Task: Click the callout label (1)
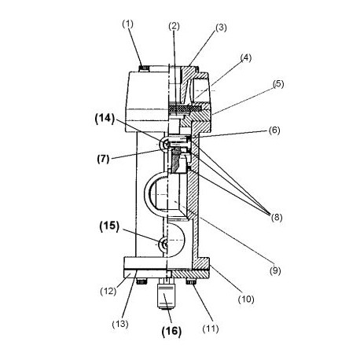coord(127,24)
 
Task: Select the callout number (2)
coord(174,26)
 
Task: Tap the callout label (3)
coord(221,28)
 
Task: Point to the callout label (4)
coord(246,57)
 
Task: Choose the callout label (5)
coord(278,84)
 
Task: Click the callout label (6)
coord(274,130)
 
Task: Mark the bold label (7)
coord(103,159)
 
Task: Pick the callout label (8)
coord(277,217)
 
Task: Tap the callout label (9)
coord(275,270)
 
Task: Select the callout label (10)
coord(246,299)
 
